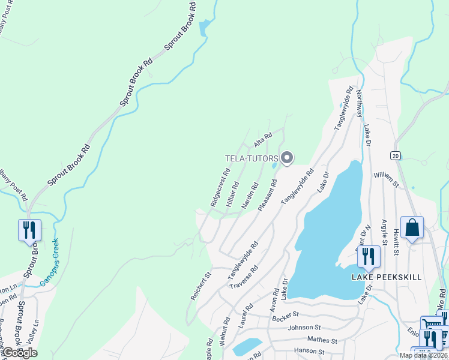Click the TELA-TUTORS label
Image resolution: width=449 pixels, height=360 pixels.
[252, 158]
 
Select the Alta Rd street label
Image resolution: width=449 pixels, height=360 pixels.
[263, 140]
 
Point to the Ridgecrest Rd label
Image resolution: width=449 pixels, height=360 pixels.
[220, 187]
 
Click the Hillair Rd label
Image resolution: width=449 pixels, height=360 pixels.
[233, 194]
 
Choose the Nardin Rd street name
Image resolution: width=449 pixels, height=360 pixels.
[250, 196]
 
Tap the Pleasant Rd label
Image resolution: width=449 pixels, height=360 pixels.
[267, 195]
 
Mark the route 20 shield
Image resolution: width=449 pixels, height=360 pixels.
[395, 155]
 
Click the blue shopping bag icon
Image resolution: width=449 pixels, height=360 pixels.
[412, 228]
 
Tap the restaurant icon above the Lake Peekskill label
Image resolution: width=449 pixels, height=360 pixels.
[369, 256]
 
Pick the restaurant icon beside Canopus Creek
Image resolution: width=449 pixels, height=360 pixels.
[29, 230]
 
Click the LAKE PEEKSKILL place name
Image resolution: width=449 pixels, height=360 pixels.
[386, 277]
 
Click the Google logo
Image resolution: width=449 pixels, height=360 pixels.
[20, 353]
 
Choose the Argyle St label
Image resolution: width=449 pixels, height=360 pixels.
[384, 236]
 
